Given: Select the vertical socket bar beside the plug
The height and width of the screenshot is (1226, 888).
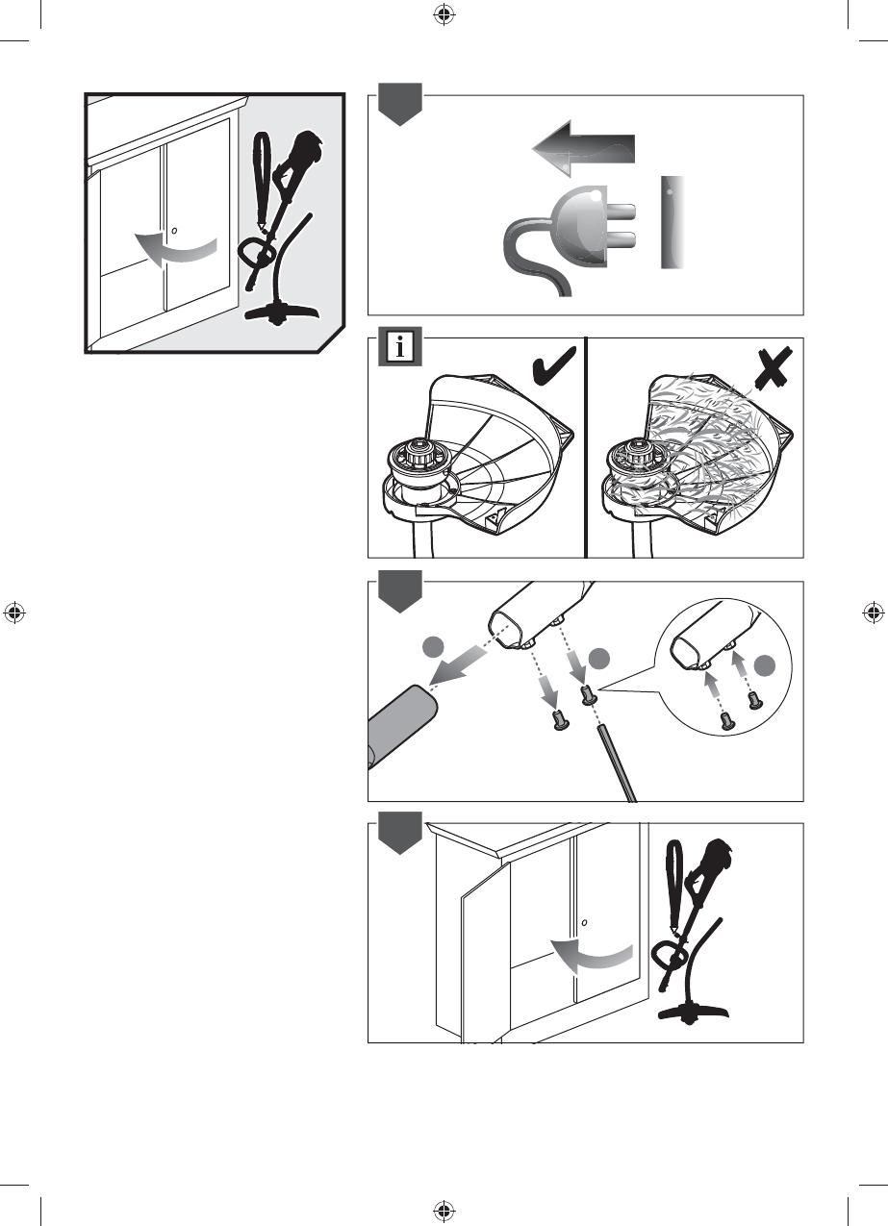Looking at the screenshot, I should tap(671, 222).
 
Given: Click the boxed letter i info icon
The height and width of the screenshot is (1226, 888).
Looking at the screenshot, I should tap(399, 347).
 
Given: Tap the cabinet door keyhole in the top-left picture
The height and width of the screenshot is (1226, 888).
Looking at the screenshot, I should tap(173, 230).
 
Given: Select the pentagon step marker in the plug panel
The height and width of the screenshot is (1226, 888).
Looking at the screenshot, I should tap(398, 105).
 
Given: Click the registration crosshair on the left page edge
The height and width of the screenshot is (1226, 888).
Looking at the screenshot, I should tap(14, 612).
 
